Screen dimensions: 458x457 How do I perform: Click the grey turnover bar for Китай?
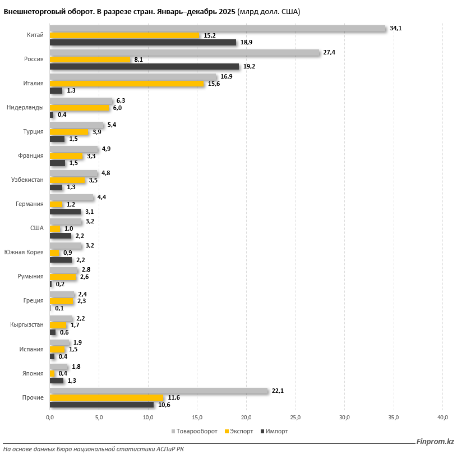pos(218,28)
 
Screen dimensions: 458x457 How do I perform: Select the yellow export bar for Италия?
pos(127,84)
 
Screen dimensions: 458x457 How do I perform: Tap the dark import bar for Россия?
pos(144,66)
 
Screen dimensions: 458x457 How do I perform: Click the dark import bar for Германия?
pos(65,212)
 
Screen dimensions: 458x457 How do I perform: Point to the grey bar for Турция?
pos(76,125)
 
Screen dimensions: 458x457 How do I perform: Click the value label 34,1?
pos(396,28)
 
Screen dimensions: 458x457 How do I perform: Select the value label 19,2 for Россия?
pos(249,66)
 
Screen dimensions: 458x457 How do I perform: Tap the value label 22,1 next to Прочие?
pos(278,391)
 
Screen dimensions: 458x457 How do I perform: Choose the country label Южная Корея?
pos(24,252)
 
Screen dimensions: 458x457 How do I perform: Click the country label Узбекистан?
pos(27,180)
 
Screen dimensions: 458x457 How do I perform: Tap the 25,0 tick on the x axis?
pos(295,417)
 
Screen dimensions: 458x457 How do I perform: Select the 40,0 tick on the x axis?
pos(442,417)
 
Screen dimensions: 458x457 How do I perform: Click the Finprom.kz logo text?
pos(435,442)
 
